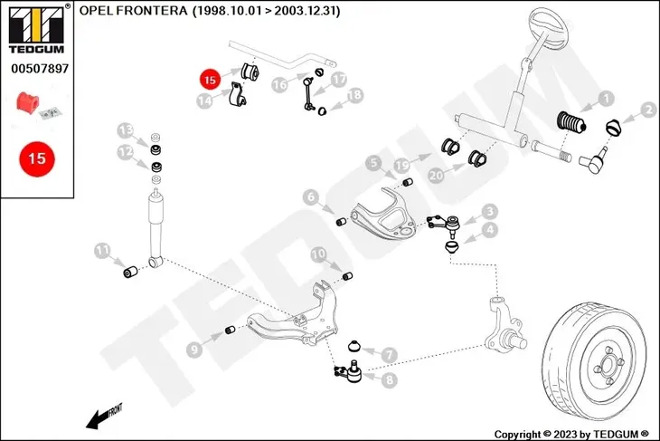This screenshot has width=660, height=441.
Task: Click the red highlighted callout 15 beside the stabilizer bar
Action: tap(210, 80)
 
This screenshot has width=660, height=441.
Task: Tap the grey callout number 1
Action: tap(606, 97)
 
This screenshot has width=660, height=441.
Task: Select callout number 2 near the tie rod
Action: tap(648, 110)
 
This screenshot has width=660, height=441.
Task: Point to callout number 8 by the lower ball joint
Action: tap(389, 380)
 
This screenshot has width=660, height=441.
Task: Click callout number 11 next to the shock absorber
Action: tap(102, 250)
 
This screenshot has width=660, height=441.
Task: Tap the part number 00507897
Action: tap(36, 68)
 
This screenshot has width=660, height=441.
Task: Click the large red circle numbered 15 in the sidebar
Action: tap(36, 158)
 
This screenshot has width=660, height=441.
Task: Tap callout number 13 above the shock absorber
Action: tap(127, 129)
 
